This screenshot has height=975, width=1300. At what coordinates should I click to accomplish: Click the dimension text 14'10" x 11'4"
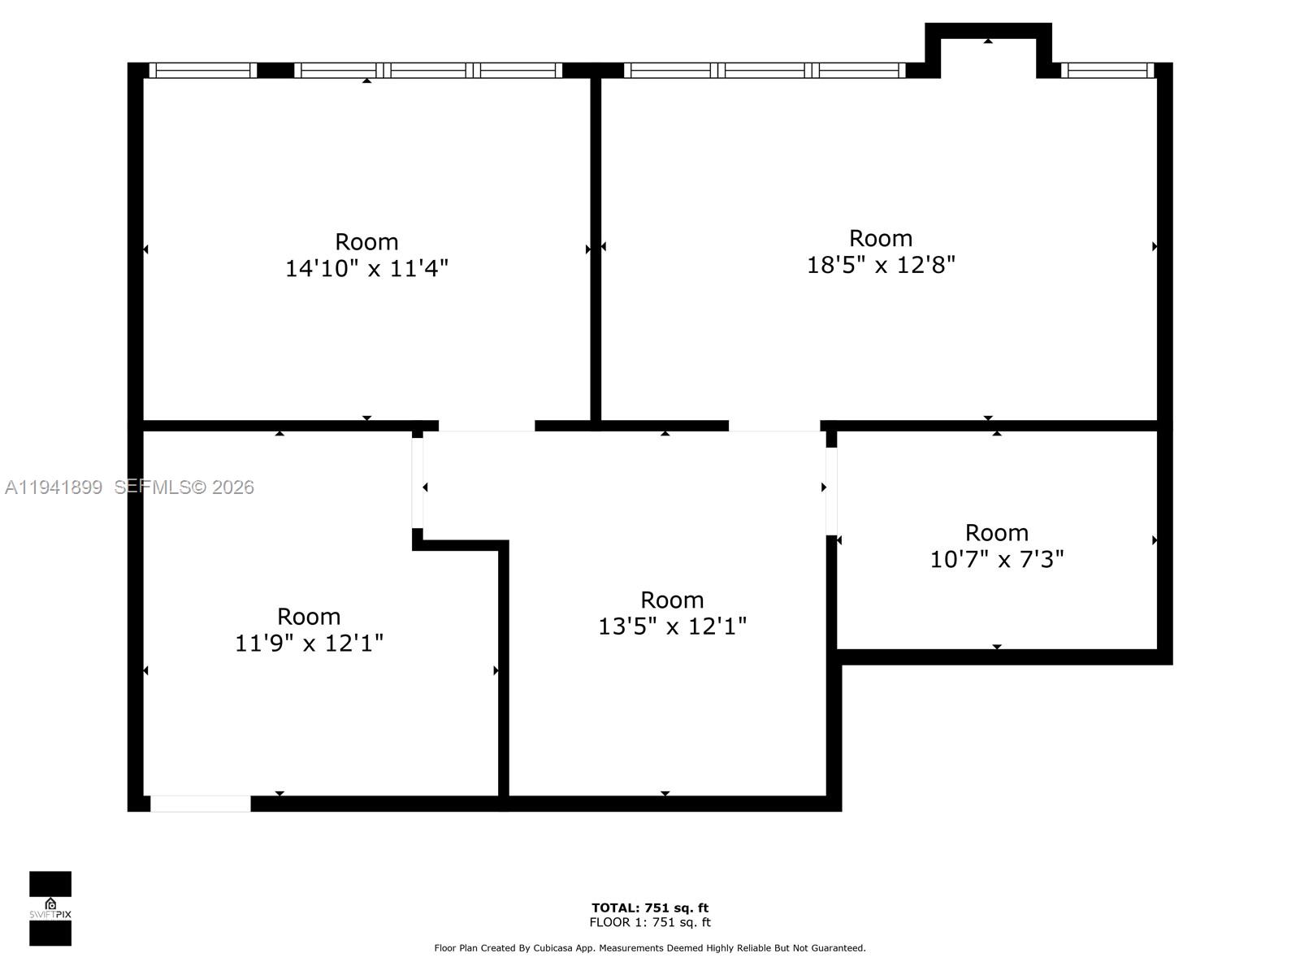[366, 268]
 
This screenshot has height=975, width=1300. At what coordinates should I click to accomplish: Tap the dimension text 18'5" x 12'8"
[881, 265]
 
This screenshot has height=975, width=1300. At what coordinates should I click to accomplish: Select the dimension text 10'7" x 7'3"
[997, 560]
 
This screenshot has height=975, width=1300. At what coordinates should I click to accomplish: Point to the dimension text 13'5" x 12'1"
[672, 626]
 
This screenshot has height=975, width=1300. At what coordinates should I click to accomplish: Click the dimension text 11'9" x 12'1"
[309, 643]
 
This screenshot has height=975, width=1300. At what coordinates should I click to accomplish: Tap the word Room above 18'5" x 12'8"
[881, 238]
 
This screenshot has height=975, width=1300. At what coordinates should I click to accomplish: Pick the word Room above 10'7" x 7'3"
[997, 533]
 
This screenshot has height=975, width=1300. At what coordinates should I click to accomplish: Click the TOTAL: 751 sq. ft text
[649, 908]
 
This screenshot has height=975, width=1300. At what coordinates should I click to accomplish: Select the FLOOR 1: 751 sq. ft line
[649, 922]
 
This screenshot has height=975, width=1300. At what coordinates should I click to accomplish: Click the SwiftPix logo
[50, 908]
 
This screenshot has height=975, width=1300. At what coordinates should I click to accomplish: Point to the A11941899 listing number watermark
[54, 487]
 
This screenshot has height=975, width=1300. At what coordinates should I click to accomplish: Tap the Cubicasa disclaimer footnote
[649, 947]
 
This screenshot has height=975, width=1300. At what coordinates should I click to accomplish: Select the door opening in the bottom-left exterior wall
[200, 804]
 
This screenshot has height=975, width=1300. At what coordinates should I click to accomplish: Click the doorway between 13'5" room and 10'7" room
[831, 491]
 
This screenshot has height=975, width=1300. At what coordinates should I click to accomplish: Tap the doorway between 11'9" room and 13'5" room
[417, 483]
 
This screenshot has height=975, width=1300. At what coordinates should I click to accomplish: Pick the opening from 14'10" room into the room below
[487, 426]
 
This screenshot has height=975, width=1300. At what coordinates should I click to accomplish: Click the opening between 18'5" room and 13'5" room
[773, 426]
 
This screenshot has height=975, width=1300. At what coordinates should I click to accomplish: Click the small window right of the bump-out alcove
[1107, 71]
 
